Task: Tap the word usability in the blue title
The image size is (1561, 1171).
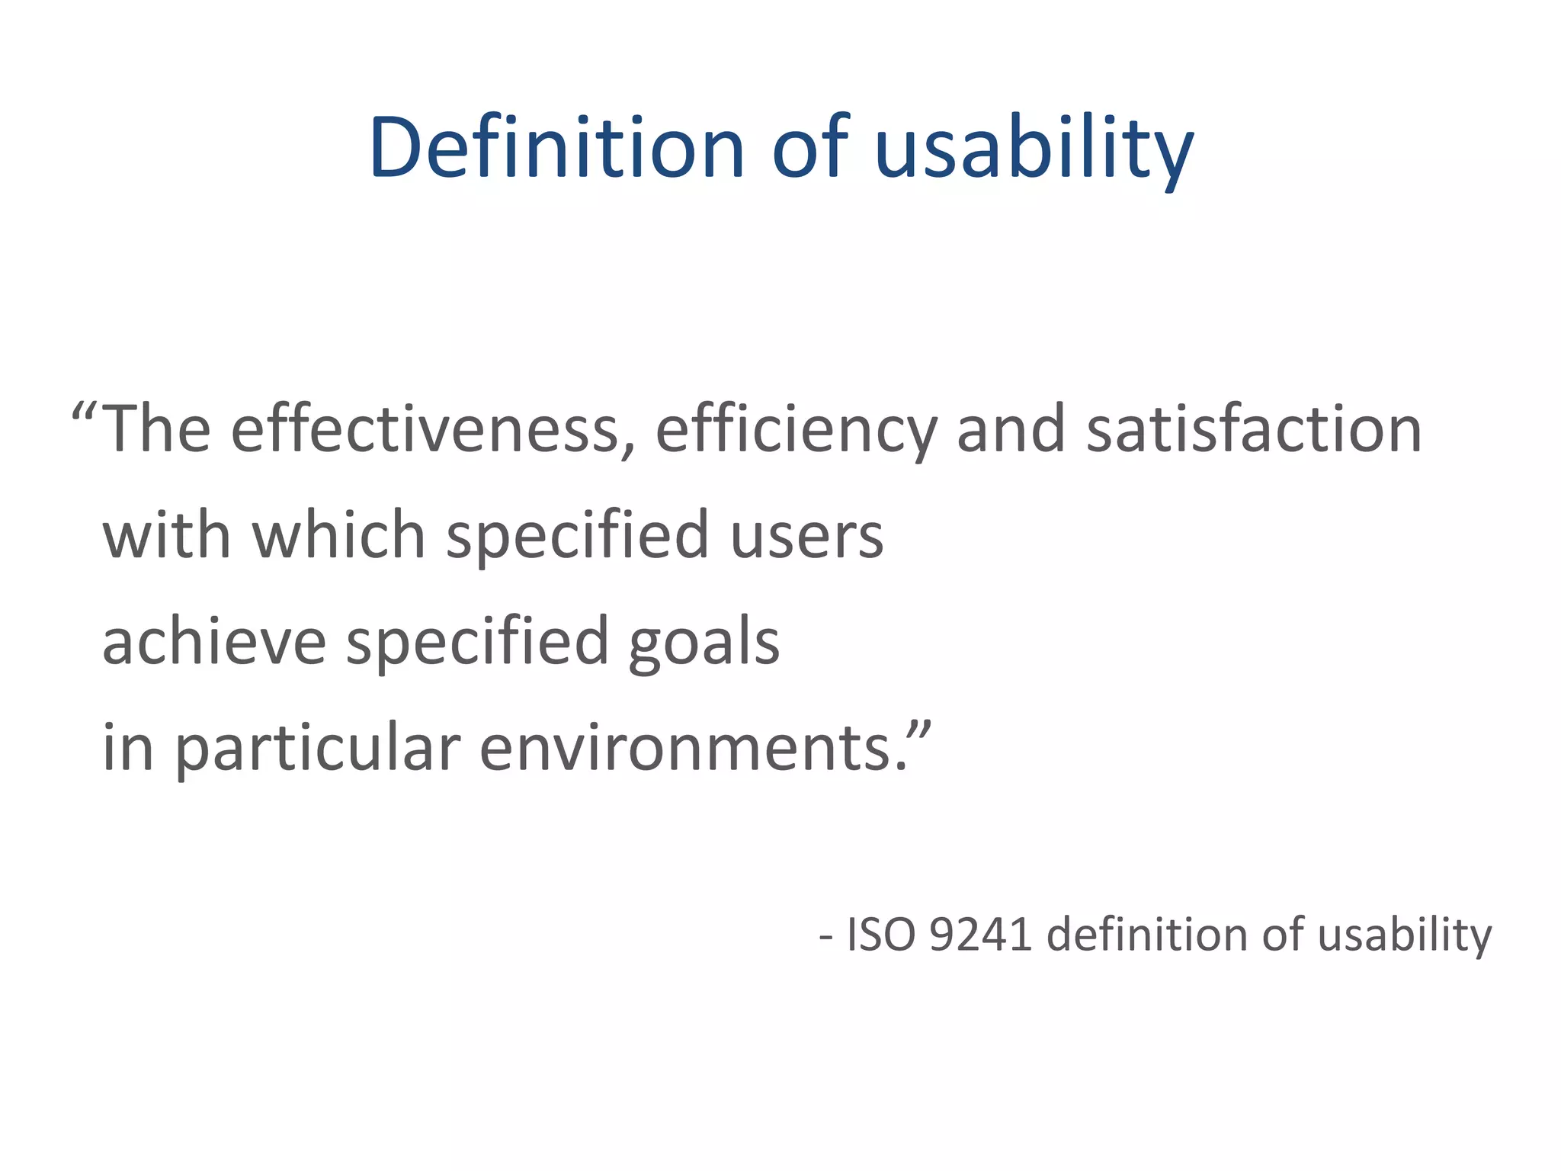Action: pos(1034,148)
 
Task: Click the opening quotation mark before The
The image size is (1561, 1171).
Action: pos(83,415)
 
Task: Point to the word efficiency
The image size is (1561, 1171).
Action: pos(795,431)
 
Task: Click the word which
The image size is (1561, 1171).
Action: pos(338,534)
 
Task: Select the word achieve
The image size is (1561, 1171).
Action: pos(214,641)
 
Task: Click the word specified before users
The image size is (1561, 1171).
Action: pos(578,536)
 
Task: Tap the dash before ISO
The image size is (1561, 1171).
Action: pos(825,937)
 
